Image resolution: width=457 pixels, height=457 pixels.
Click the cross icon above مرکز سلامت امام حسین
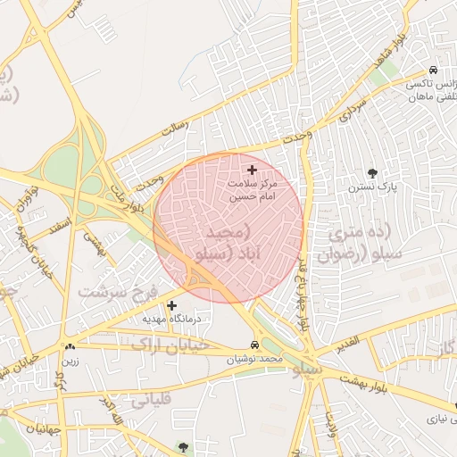(x=252, y=169)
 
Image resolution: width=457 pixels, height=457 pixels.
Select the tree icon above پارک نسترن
(x=372, y=173)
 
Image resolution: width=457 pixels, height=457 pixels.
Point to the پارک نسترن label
(x=373, y=189)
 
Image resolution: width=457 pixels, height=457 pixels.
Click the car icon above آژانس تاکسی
(x=433, y=70)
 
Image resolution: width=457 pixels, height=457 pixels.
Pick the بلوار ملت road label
(x=122, y=190)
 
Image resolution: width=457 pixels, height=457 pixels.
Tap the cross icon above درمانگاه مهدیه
(x=171, y=305)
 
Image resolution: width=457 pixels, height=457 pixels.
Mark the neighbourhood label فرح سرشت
(x=116, y=292)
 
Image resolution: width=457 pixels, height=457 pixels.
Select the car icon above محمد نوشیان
(x=255, y=345)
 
